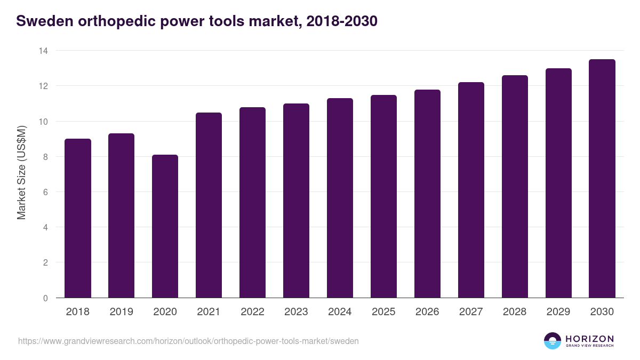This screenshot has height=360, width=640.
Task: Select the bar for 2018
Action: coord(78,218)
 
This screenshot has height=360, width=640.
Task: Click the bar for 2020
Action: coord(165,226)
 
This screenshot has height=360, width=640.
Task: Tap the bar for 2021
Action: coord(209,205)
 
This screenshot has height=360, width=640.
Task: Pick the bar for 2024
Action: coord(340,198)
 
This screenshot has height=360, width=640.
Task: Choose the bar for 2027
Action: coord(471,190)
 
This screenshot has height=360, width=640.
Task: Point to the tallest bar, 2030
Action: coord(602,179)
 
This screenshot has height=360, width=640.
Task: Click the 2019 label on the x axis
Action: coord(122,312)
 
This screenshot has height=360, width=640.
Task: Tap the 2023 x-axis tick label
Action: coord(297,312)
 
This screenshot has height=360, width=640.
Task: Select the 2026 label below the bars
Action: coord(428,312)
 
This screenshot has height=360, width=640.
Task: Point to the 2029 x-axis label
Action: coord(558,312)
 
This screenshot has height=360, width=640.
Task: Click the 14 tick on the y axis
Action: coord(43,51)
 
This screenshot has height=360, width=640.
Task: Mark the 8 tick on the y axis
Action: coord(45,157)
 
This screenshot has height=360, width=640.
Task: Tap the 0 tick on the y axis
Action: coord(45,298)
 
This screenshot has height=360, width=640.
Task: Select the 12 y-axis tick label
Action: coord(43,86)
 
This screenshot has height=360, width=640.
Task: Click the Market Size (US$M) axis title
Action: coord(21,173)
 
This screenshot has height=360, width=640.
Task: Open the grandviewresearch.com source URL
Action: coord(188,341)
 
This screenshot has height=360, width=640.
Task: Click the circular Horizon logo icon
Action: coord(553,341)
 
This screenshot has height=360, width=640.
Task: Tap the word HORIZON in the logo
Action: coord(590,338)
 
